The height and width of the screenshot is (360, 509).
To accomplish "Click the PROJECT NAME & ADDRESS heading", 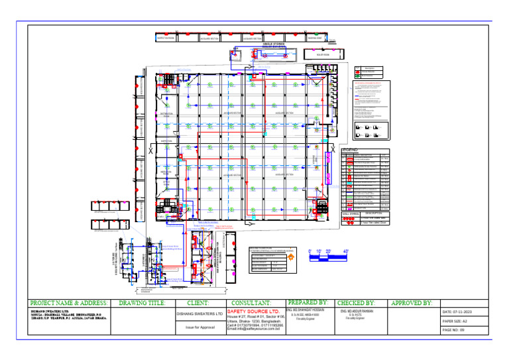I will (70, 303).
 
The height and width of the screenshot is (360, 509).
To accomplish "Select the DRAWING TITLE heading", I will (142, 303).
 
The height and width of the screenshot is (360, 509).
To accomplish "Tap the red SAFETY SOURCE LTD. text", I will (253, 310).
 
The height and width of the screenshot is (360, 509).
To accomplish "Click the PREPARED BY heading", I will (308, 302).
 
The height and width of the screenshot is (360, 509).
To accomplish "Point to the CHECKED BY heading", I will (356, 303).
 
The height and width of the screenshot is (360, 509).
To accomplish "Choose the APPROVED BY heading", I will (412, 303).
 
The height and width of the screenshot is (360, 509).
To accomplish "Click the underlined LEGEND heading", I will (350, 150).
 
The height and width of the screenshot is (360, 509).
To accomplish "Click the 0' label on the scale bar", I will (310, 251).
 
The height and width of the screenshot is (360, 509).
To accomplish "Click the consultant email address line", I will (255, 330).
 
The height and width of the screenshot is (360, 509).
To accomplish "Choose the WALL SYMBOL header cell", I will (350, 213).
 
